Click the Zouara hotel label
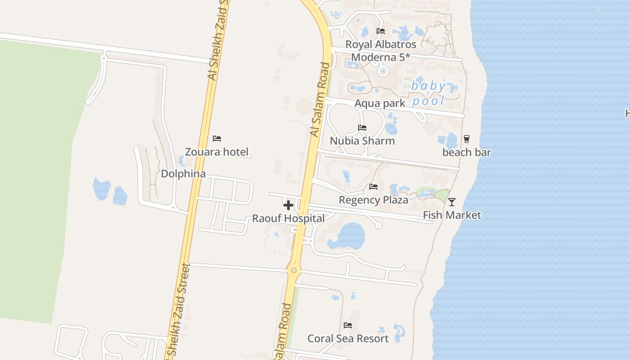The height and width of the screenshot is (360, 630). click(216, 152)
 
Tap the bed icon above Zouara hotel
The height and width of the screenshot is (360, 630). click(217, 138)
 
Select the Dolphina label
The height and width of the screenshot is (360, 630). click(183, 174)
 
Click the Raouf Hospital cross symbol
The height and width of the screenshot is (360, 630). click(288, 205)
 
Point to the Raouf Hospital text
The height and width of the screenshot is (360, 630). click(288, 219)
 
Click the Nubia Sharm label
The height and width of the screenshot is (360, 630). click(362, 141)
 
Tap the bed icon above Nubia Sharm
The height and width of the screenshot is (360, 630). click(362, 128)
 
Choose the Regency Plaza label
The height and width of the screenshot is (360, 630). click(373, 200)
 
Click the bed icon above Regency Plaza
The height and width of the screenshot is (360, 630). click(373, 186)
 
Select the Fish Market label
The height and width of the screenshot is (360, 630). click(452, 215)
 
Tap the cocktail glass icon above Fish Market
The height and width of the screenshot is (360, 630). click(452, 202)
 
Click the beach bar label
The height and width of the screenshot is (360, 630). click(467, 152)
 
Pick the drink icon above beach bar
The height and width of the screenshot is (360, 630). click(467, 139)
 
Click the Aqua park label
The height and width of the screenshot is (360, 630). click(380, 103)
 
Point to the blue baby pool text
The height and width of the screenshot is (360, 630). click(429, 93)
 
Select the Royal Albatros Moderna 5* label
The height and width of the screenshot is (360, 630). click(381, 51)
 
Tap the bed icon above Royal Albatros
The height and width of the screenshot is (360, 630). click(381, 31)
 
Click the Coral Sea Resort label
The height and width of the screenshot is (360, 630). click(348, 338)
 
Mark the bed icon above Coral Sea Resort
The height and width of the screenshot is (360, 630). click(348, 325)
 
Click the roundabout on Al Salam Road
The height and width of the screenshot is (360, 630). click(294, 270)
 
